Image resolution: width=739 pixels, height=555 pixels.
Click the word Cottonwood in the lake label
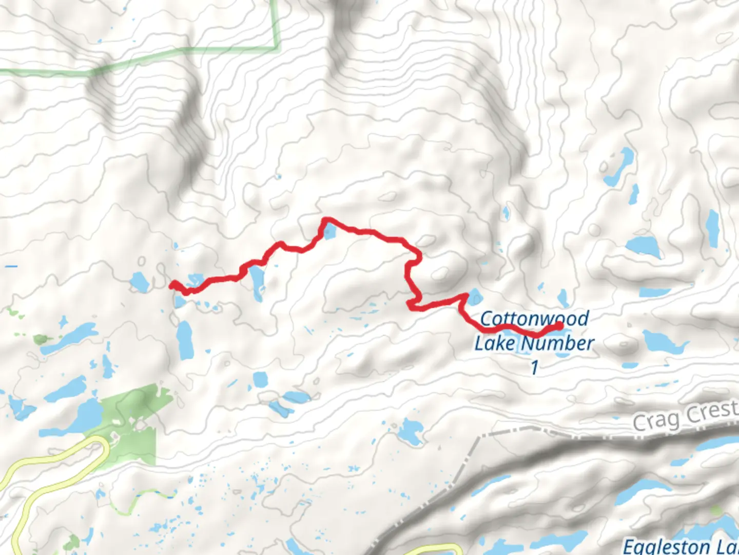pyautogui.click(x=534, y=319)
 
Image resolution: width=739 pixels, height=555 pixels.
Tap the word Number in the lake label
pyautogui.click(x=561, y=343)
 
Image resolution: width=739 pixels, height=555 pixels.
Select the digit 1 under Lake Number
pyautogui.click(x=534, y=367)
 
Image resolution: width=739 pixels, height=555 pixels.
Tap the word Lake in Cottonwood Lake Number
pyautogui.click(x=495, y=343)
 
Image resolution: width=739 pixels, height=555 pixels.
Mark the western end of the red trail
pyautogui.click(x=172, y=283)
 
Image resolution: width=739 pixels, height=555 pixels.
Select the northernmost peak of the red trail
pyautogui.click(x=325, y=220)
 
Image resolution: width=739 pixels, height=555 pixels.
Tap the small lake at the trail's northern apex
pyautogui.click(x=329, y=232)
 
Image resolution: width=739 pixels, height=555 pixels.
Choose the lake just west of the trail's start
pyautogui.click(x=139, y=282)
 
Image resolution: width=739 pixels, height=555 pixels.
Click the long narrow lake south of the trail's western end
pyautogui.click(x=184, y=340)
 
